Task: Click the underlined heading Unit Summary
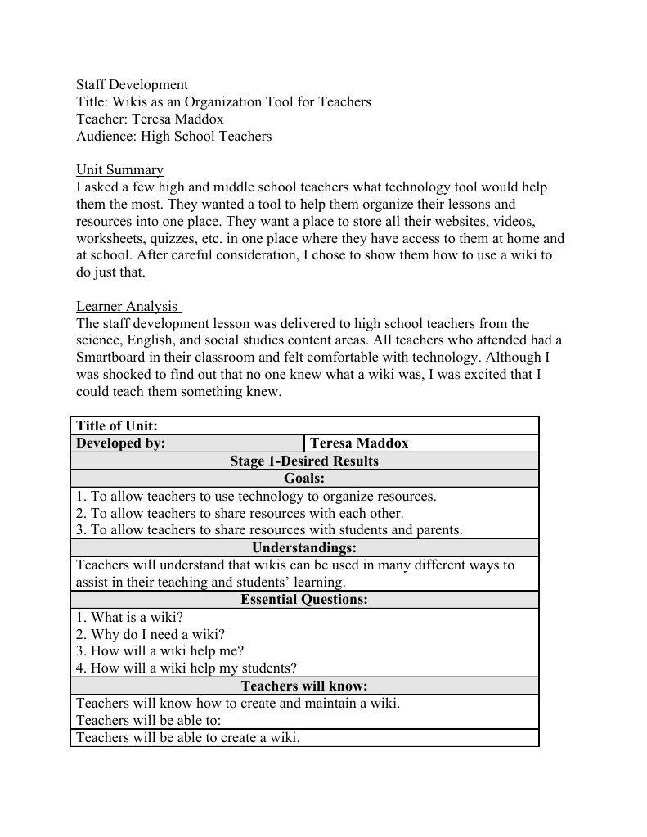[x=119, y=170]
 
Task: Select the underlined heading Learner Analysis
[x=127, y=306]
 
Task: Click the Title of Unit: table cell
[x=117, y=425]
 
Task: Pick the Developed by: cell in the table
[x=121, y=443]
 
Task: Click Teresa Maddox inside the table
[x=359, y=443]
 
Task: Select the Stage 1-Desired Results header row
[x=303, y=461]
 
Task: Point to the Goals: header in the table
[x=303, y=478]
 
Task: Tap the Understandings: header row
[x=303, y=547]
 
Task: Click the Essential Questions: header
[x=303, y=600]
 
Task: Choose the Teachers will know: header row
[x=303, y=686]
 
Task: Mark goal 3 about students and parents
[x=269, y=530]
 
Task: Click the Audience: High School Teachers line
[x=173, y=137]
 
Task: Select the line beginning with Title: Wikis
[x=223, y=102]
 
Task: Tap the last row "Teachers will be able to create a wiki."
[x=188, y=738]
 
